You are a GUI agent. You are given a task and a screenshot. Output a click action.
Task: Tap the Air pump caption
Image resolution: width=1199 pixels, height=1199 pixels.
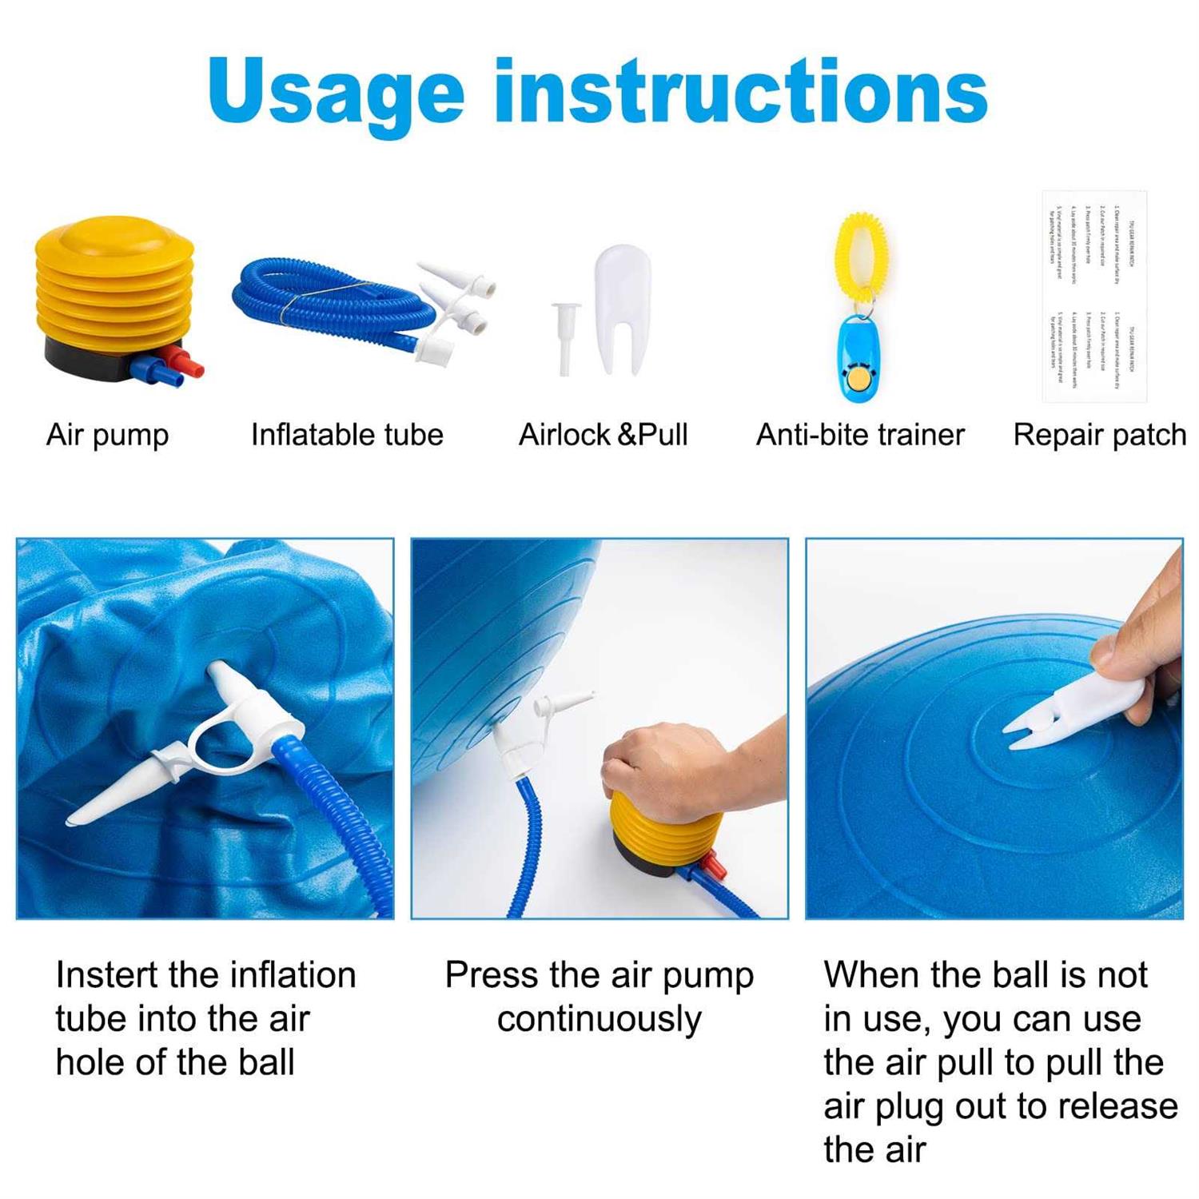[x=108, y=436]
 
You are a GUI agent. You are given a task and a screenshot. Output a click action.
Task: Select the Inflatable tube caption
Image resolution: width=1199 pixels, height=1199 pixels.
[x=347, y=436]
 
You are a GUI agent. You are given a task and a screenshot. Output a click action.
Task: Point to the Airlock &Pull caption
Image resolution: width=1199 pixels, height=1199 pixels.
[x=603, y=436]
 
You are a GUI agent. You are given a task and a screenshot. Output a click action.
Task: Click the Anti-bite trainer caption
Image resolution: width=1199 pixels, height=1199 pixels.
[x=860, y=436]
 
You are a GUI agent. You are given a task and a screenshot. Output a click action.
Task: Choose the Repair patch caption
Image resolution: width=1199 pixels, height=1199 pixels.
[x=1099, y=436]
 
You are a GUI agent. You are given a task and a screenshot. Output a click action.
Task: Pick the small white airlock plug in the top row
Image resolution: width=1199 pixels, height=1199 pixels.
[x=565, y=336]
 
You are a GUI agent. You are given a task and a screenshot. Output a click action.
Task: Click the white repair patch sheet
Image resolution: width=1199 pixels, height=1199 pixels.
[x=1093, y=296]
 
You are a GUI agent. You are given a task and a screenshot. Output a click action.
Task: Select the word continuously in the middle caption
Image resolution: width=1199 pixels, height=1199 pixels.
[x=599, y=1020]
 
